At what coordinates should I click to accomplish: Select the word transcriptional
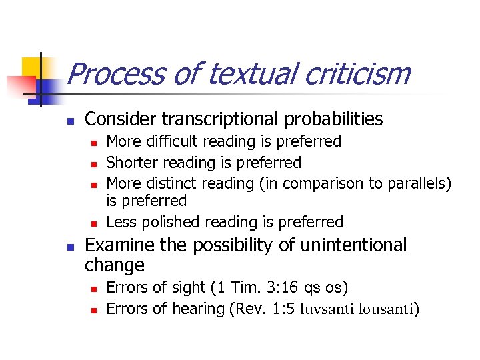227,119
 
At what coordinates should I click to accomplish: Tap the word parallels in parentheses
419,183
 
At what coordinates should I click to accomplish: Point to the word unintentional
353,245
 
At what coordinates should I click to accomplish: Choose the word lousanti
386,309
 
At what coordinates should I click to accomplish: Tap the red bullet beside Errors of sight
94,289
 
